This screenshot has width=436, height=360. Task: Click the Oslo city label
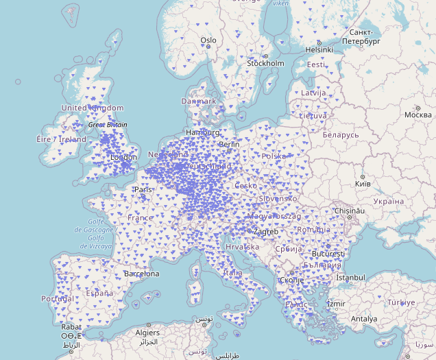point(208,40)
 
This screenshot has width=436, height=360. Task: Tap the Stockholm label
point(265,64)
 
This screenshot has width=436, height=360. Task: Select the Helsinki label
point(319,49)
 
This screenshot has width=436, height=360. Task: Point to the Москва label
point(417,115)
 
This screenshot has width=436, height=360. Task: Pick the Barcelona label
point(141,274)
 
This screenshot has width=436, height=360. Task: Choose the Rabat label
point(70,327)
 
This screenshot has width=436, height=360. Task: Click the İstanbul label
point(351,278)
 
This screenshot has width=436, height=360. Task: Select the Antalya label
point(364,319)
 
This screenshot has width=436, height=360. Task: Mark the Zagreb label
point(265,232)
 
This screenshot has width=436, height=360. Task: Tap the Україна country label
point(389,202)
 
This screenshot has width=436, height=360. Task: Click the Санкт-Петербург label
point(361,37)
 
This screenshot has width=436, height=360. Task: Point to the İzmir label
point(337,304)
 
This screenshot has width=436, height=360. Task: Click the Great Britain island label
point(108,125)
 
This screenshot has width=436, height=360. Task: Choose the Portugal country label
point(57,299)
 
